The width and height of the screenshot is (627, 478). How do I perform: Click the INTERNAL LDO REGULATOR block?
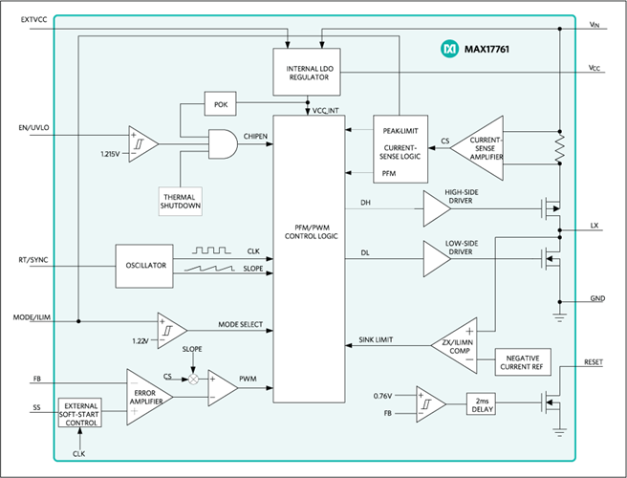[x=307, y=72]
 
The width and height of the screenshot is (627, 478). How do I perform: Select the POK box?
[x=221, y=104]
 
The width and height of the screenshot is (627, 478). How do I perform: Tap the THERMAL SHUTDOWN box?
[x=181, y=201]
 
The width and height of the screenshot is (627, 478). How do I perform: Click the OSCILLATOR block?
[x=144, y=266]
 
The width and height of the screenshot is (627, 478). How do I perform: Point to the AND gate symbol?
[x=223, y=144]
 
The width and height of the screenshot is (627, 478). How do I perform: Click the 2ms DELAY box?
[x=481, y=404]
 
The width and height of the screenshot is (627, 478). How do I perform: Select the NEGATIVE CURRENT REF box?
[x=523, y=362]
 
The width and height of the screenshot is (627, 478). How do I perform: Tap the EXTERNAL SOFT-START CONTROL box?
[x=80, y=412]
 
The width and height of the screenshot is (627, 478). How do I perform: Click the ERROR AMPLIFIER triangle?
[x=149, y=397]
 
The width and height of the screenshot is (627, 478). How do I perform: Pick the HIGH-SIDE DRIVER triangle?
[x=436, y=208]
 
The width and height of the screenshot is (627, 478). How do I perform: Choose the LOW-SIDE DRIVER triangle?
[x=436, y=259]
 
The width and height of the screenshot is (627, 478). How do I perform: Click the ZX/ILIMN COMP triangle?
[x=456, y=346]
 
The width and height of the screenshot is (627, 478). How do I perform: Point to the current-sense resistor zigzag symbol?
[x=560, y=147]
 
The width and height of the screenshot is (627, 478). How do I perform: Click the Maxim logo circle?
[x=449, y=49]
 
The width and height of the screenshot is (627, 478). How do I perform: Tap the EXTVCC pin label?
[x=34, y=20]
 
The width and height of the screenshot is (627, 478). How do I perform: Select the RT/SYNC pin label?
[x=33, y=260]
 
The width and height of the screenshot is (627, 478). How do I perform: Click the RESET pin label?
[x=594, y=362]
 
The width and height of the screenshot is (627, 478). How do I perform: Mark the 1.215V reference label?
[x=110, y=154]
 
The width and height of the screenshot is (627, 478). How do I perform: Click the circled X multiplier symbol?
[x=193, y=380]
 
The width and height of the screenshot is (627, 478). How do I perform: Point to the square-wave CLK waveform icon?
[x=211, y=250]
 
